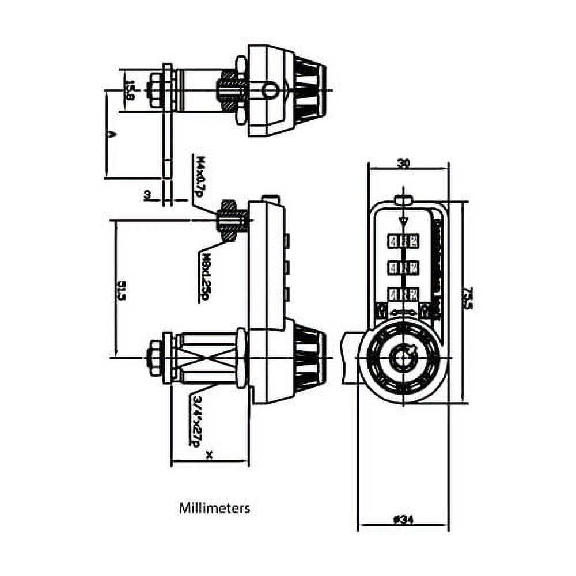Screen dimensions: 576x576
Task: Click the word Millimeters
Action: point(214,509)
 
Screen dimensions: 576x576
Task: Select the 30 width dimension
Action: point(403,163)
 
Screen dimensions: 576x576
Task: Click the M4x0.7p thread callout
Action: point(199,175)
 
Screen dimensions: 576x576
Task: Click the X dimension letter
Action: point(209,456)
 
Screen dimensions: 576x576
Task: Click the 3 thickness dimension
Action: point(148,196)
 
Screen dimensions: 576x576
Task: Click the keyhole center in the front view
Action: point(401,357)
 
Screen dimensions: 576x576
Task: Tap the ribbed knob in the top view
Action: point(309,90)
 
